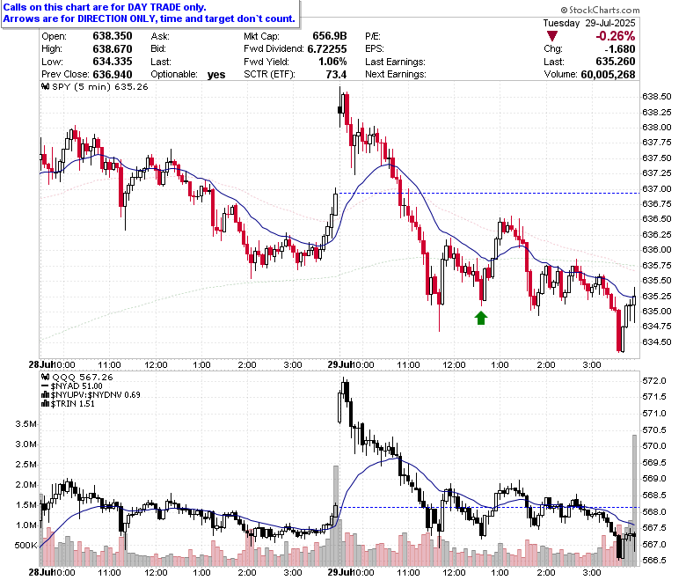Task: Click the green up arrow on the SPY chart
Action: pos(481,318)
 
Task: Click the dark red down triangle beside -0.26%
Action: pos(552,36)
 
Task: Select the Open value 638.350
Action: pos(113,36)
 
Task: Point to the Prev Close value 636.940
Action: pos(113,74)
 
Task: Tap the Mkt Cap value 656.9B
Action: pos(330,36)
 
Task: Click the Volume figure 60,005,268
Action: pos(608,75)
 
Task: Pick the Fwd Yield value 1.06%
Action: pos(332,62)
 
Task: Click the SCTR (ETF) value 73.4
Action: pos(336,75)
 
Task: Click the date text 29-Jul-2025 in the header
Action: pos(609,23)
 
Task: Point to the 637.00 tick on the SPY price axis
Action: pos(656,188)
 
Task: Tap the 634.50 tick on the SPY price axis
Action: pos(656,341)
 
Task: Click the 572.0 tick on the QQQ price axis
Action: pos(654,381)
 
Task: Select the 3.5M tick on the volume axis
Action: pos(26,423)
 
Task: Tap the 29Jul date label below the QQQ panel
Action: pos(340,572)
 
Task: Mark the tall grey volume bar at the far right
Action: pos(634,500)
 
